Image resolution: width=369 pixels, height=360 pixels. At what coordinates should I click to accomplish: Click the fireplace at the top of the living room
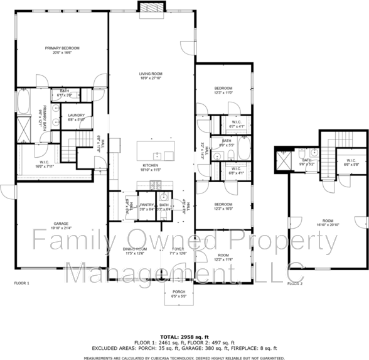[151, 7]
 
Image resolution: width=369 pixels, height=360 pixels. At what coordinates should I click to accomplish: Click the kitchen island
[157, 151]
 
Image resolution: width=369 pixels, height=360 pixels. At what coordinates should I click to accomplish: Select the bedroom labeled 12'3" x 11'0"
[223, 90]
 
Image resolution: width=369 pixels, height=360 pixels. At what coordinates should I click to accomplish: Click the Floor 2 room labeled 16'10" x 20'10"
[328, 223]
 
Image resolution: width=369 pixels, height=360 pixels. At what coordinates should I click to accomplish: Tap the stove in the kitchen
[157, 184]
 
